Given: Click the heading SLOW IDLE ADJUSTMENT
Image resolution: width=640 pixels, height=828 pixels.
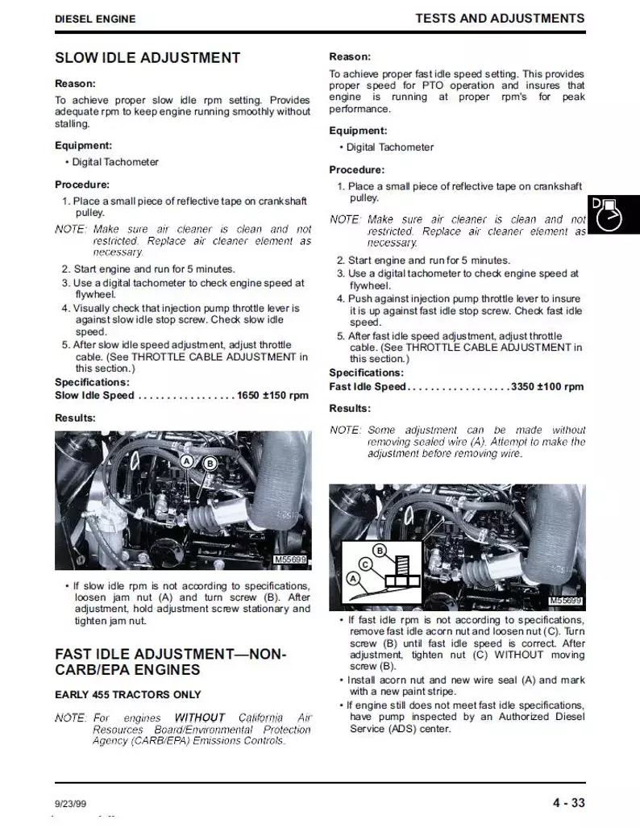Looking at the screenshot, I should [x=147, y=58].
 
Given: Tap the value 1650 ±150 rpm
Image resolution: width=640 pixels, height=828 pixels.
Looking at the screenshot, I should [x=272, y=396].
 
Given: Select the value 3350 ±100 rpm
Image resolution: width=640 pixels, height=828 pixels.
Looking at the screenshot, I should [x=547, y=387].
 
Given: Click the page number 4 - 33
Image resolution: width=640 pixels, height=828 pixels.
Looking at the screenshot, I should [x=568, y=802].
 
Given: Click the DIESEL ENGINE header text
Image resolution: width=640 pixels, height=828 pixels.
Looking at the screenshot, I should [x=95, y=19].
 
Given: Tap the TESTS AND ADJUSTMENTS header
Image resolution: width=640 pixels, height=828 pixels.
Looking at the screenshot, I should [x=500, y=18].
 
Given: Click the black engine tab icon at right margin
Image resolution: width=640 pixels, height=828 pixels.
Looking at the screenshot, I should [x=614, y=214].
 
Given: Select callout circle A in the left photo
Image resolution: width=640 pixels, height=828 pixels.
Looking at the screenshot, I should [x=186, y=461].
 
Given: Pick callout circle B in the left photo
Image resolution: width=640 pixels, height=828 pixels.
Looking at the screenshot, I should [x=210, y=464].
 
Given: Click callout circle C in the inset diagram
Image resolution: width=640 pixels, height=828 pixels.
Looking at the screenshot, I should [x=364, y=564].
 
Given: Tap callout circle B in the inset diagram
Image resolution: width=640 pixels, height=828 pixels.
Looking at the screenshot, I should [x=382, y=551].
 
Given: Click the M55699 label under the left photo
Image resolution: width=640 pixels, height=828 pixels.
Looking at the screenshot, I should [x=291, y=560].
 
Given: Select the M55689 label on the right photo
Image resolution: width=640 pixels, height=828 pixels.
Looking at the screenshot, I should [x=565, y=601].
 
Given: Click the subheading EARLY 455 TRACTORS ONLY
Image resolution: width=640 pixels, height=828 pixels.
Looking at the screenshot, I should [x=127, y=695].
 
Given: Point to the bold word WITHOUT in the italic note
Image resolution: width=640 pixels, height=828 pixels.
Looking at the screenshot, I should [x=200, y=718].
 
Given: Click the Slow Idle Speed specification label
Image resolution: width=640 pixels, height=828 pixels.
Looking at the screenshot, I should [x=94, y=396].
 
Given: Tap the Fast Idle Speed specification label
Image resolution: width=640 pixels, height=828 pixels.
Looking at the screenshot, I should [x=368, y=387].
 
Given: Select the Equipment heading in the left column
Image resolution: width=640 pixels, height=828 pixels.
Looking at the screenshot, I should [x=83, y=146].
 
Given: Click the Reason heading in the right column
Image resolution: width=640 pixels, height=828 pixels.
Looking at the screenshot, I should [x=350, y=56].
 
